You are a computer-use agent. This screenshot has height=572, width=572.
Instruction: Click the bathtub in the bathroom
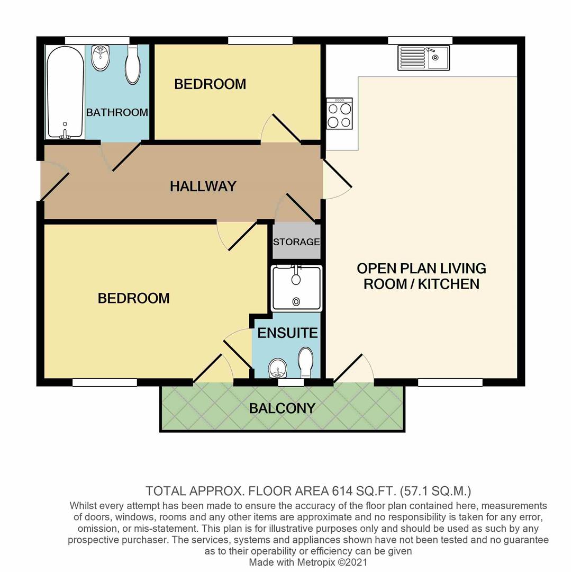click(x=65, y=92)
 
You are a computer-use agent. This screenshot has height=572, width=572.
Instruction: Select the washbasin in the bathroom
click(x=100, y=58)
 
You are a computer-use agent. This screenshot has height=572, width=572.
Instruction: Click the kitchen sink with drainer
click(x=423, y=57)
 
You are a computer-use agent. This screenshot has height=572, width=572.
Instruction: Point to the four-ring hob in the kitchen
click(x=339, y=114)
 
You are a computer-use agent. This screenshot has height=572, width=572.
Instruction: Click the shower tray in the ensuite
click(x=296, y=289)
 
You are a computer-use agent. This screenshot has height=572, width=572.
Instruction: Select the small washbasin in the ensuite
click(x=277, y=367)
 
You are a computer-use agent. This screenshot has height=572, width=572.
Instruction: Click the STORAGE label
click(x=296, y=242)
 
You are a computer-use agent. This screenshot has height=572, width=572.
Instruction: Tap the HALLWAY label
click(x=203, y=186)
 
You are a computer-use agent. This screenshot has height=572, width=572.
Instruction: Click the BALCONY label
click(x=282, y=408)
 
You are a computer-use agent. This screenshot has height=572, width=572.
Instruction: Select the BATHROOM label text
click(x=117, y=112)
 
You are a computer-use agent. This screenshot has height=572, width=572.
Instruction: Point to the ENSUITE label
click(x=287, y=333)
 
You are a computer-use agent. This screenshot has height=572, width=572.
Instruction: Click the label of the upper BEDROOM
click(x=210, y=84)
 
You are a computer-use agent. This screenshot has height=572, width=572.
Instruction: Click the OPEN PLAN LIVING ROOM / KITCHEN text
click(x=421, y=276)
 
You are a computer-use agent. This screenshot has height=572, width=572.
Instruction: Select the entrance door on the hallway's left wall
click(x=54, y=185)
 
